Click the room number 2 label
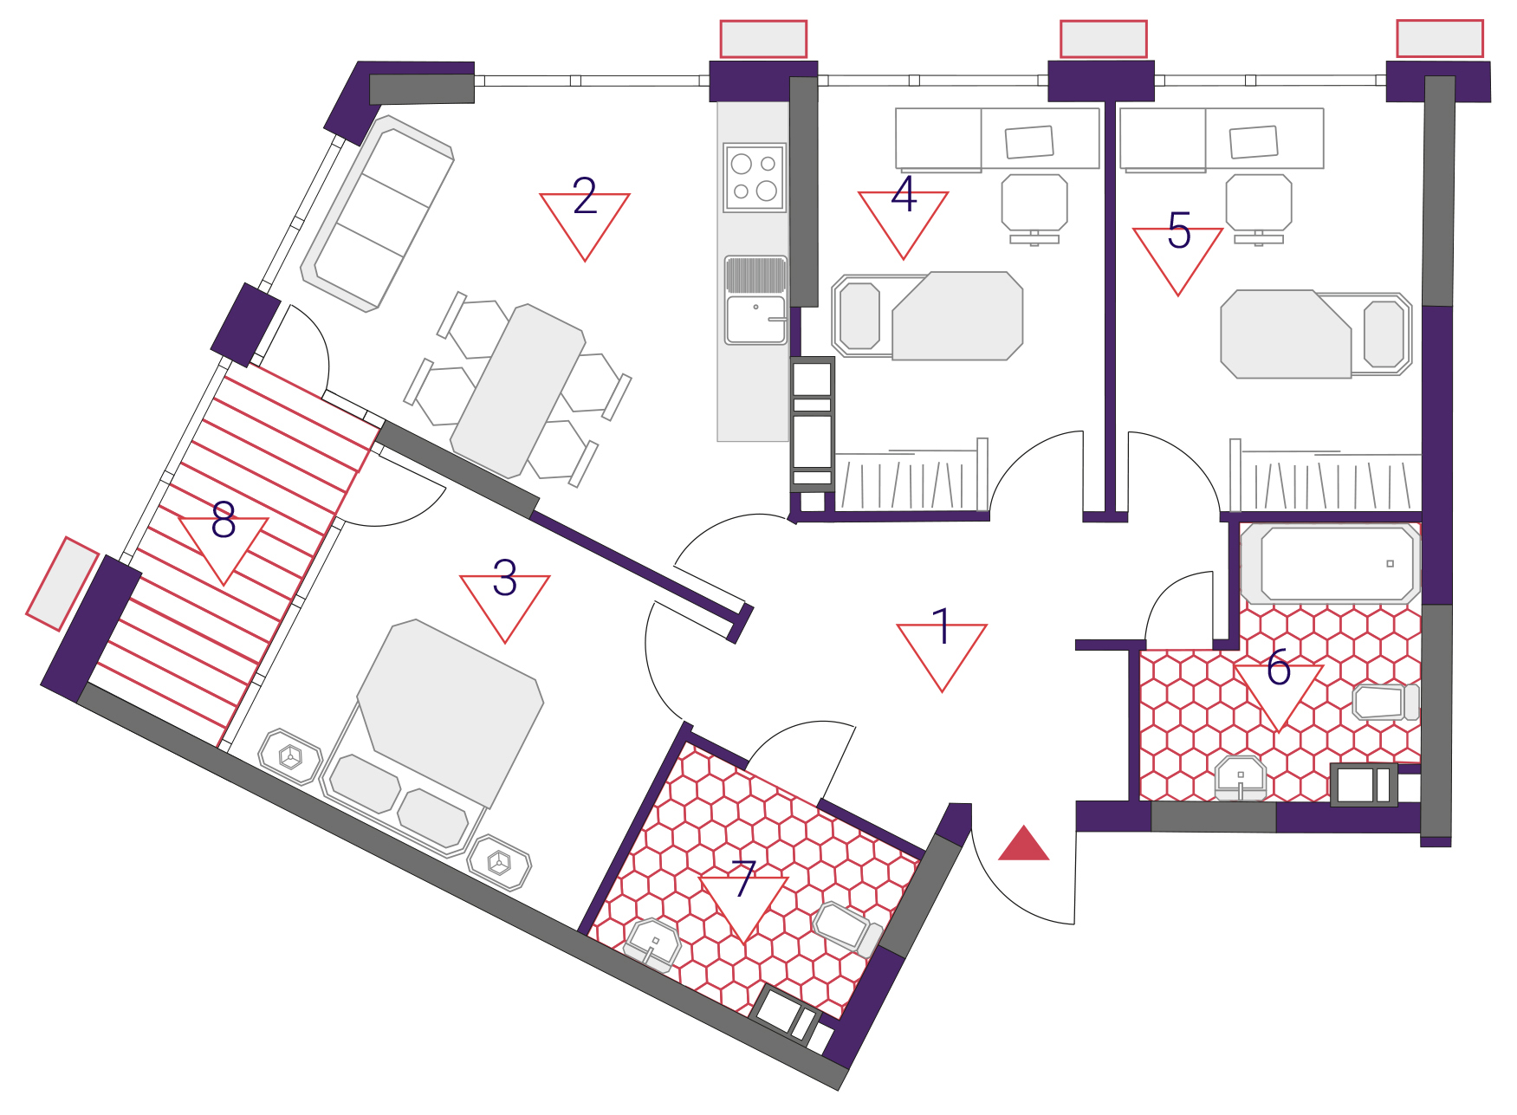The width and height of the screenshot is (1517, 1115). point(585,196)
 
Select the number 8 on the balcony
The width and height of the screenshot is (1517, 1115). point(224,520)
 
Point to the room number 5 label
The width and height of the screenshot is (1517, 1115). point(1179,230)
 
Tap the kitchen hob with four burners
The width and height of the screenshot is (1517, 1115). point(755,178)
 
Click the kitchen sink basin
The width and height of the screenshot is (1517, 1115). point(755,320)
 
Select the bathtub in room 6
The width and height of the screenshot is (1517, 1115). point(1331,563)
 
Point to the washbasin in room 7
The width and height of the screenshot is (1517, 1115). point(653,943)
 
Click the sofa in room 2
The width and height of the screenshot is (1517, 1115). point(378,213)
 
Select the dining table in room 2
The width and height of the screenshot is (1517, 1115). point(518,391)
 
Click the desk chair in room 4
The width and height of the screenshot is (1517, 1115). point(1034,209)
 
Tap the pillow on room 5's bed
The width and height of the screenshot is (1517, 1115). point(1384,334)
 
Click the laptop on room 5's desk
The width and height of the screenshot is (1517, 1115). point(1254,142)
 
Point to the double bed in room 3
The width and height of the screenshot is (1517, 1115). point(428,736)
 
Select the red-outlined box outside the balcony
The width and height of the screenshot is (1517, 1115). point(62,583)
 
